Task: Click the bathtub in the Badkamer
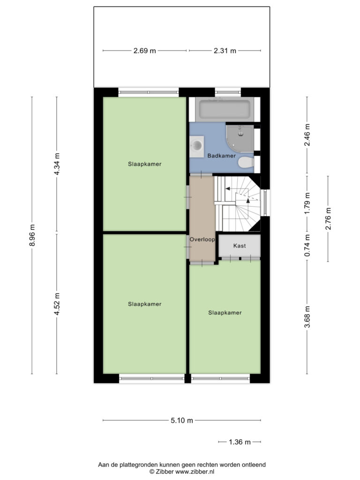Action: click(225, 109)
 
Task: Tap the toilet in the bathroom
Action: click(246, 162)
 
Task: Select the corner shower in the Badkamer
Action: click(240, 139)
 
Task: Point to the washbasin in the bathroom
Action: click(196, 147)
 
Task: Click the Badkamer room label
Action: click(222, 156)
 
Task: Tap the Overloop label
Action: click(202, 240)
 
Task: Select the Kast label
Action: click(240, 246)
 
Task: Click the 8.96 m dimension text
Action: click(32, 235)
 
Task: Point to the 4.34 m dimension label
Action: click(57, 164)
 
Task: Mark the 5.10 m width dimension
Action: click(182, 420)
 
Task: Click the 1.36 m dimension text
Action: click(240, 442)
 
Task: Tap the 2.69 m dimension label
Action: click(144, 51)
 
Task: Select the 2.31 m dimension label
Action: click(225, 51)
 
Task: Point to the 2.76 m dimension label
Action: click(328, 218)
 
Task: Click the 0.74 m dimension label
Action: click(307, 246)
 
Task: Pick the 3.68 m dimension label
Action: click(307, 317)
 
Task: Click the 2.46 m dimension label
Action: click(307, 135)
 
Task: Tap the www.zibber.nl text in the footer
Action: click(195, 472)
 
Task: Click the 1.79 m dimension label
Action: click(307, 203)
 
